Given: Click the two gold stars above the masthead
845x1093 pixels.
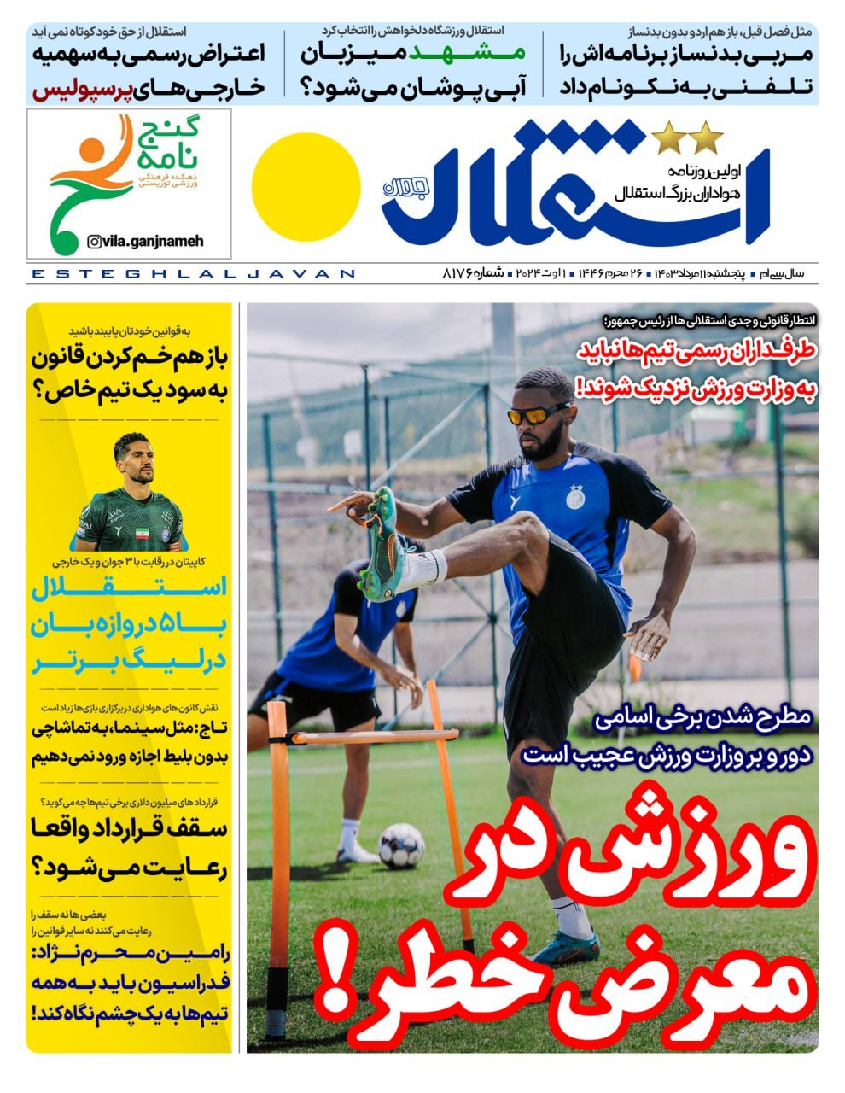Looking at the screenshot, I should (x=687, y=135).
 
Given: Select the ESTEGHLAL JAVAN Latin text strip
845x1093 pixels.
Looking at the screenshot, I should (x=192, y=274).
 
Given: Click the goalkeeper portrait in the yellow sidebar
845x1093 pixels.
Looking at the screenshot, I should (x=131, y=495).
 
